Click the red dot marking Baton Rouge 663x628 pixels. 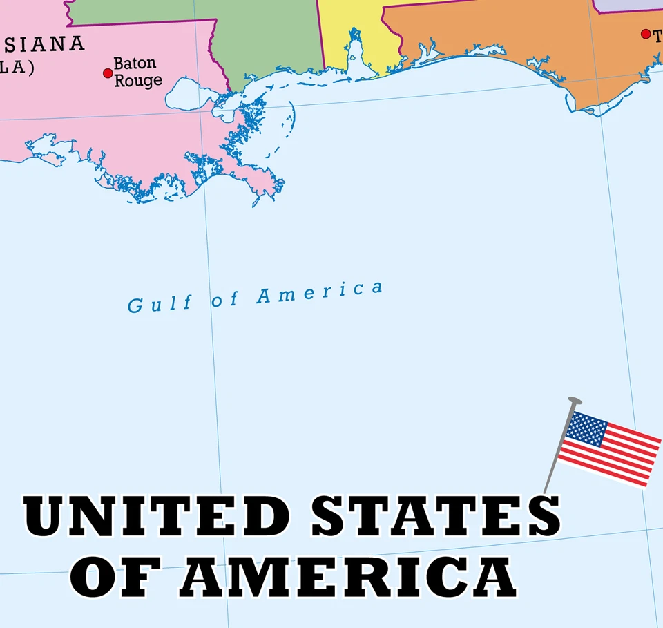(x=108, y=73)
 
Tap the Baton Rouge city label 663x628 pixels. (x=137, y=72)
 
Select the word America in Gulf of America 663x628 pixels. (x=319, y=292)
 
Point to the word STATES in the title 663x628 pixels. (x=435, y=515)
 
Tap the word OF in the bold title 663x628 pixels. (x=121, y=577)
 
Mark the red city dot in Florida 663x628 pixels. (x=646, y=34)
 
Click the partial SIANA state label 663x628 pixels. (x=46, y=45)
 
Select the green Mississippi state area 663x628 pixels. (x=262, y=35)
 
